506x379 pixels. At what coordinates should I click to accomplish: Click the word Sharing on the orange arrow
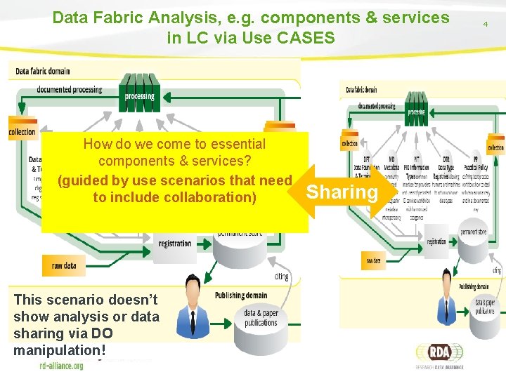342,192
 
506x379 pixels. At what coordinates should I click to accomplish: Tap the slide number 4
485,24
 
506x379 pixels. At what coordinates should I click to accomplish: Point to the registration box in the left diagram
175,244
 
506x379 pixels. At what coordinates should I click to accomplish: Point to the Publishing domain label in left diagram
240,295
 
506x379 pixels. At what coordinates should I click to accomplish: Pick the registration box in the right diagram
436,241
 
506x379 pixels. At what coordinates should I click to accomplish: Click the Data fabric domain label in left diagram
43,71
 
